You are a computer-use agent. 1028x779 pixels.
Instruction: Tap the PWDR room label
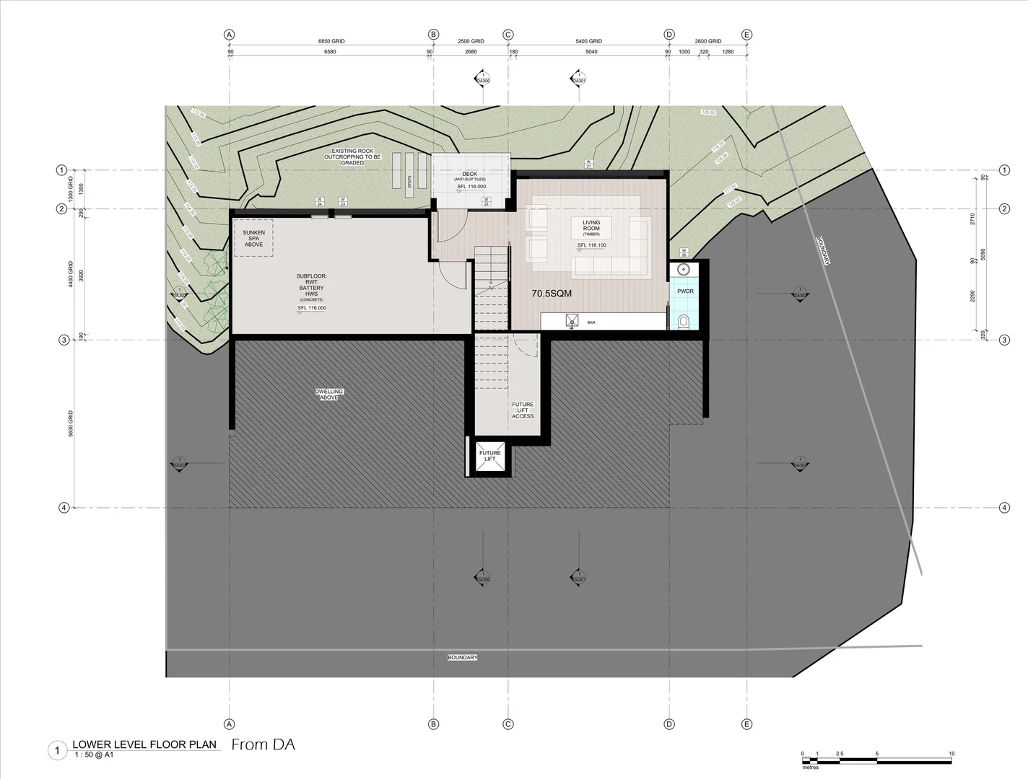point(685,291)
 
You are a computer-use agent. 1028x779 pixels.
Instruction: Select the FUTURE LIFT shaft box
point(490,457)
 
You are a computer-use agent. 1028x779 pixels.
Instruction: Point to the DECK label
point(470,175)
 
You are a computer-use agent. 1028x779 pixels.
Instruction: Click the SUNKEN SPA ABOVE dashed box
point(253,238)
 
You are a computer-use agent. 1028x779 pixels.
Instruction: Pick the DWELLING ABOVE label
point(329,395)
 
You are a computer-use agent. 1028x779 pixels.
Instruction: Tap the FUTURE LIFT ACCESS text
point(523,410)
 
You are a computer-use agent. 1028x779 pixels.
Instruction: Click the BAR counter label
point(591,322)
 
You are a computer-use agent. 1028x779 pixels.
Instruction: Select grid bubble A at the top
point(230,35)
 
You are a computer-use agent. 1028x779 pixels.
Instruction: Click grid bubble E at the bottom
point(746,723)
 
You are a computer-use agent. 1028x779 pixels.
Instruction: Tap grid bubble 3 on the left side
point(64,340)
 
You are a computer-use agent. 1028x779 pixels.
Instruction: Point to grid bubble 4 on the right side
point(1004,508)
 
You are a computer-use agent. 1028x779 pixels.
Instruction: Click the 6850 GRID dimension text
point(331,42)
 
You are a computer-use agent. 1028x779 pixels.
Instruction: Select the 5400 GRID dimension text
point(588,42)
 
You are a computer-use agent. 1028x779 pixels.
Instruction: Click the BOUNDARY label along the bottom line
point(463,658)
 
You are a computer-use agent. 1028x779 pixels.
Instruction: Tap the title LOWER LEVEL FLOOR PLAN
point(144,745)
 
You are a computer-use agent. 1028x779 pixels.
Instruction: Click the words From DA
point(263,745)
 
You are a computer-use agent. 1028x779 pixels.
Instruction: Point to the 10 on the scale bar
point(951,754)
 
